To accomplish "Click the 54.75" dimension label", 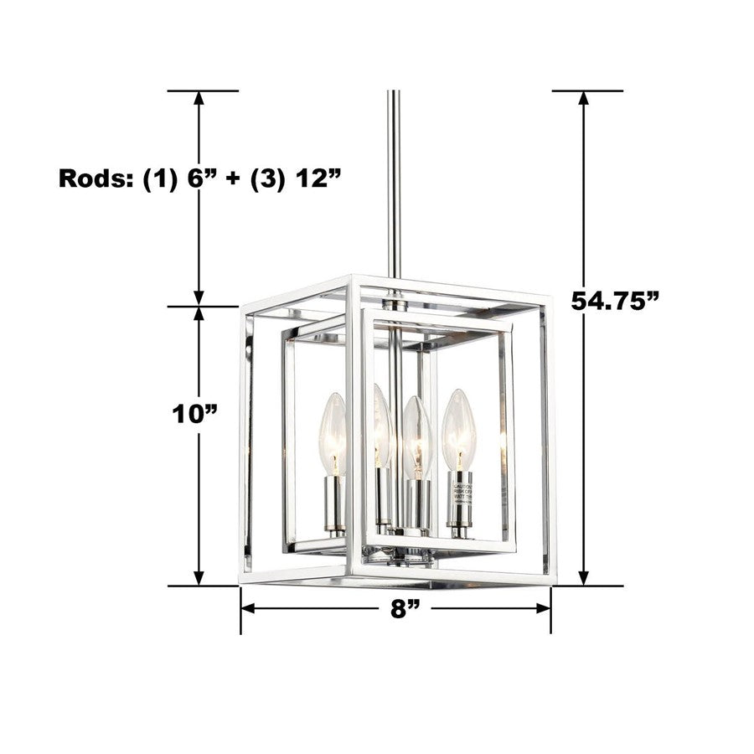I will (x=615, y=300).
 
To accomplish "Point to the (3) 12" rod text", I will (x=297, y=178).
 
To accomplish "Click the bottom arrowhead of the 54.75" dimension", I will (x=584, y=577).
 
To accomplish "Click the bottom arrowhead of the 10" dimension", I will (x=199, y=577).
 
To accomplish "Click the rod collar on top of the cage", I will (x=394, y=300).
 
